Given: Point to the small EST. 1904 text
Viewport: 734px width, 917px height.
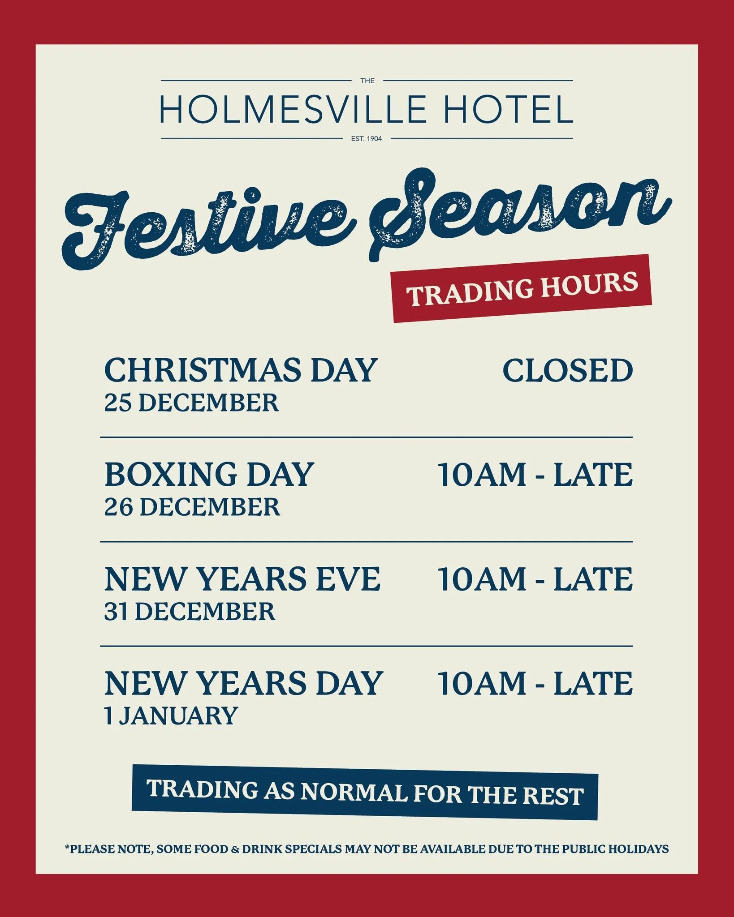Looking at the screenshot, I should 367,139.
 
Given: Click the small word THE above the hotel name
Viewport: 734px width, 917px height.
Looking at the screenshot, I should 367,81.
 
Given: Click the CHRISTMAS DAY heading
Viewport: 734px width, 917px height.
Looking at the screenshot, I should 240,371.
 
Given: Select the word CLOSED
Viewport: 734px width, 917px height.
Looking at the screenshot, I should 567,371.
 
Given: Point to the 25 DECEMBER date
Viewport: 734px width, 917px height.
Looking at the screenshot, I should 191,403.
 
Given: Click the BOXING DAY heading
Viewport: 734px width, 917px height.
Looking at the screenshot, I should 209,475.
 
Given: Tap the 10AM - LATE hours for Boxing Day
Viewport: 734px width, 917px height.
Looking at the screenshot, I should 535,475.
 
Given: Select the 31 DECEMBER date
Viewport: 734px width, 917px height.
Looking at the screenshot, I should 190,611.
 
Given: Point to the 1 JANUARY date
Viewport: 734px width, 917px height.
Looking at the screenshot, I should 170,716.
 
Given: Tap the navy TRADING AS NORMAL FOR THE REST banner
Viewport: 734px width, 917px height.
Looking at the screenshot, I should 365,793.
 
